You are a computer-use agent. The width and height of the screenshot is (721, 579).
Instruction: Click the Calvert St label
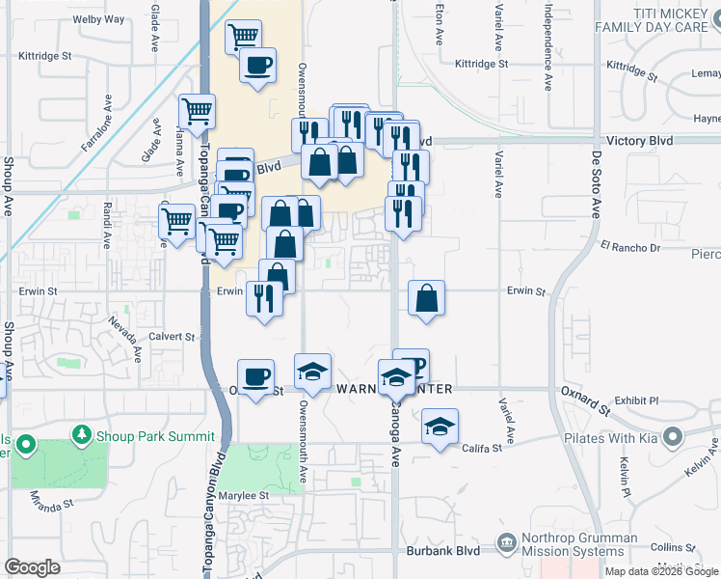pyautogui.click(x=173, y=337)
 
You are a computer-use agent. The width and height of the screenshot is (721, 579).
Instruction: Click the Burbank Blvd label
pyautogui.click(x=454, y=552)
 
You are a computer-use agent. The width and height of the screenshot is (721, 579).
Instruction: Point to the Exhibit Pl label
pyautogui.click(x=636, y=400)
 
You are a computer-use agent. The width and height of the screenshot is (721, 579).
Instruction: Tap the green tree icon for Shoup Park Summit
pyautogui.click(x=82, y=434)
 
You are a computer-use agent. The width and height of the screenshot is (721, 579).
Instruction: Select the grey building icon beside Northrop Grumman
pyautogui.click(x=506, y=545)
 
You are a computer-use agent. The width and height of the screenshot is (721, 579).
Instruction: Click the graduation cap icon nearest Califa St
pyautogui.click(x=440, y=426)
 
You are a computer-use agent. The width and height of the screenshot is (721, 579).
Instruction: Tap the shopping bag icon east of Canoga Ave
pyautogui.click(x=426, y=298)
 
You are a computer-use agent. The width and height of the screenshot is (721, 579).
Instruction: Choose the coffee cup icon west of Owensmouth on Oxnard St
pyautogui.click(x=255, y=376)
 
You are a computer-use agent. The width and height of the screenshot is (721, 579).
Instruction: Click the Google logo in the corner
pyautogui.click(x=32, y=568)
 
